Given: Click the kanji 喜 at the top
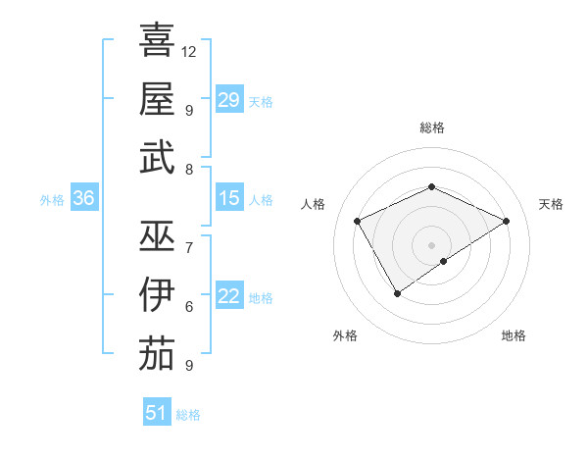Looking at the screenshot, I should pos(157,40).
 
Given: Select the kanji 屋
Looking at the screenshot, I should pos(157,99).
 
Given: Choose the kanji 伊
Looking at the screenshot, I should pos(157,295).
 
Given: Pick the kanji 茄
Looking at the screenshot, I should pos(157,354).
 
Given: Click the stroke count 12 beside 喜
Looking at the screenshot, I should pos(189,51).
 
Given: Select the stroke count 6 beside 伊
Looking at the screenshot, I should pos(189,306).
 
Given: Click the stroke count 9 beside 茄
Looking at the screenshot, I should pos(189,365).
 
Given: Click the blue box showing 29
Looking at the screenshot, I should pos(229,99).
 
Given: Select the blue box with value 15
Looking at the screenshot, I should pos(229,198).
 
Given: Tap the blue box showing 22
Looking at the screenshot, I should pos(229,296).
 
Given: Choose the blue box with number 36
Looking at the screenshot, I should pos(84,198).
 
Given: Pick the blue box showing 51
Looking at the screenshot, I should pos(157,413).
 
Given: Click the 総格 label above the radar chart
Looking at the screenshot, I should pos(431,128).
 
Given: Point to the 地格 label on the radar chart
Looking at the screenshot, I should pos(514,335).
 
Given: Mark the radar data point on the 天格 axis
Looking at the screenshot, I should pos(506,221).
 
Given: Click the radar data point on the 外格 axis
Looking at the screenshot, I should pos(397,292).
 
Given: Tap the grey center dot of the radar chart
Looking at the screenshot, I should pos(431,243).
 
